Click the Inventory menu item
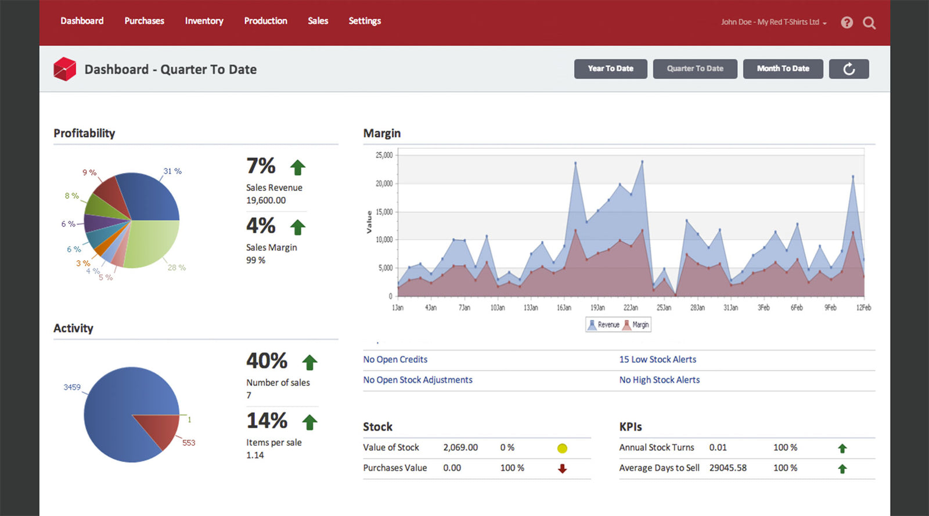(204, 21)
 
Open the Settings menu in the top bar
(365, 21)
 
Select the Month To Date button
(783, 68)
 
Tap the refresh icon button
(848, 69)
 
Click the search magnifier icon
(869, 23)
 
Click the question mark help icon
(847, 23)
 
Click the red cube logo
(64, 69)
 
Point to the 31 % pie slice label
(172, 171)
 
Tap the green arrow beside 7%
(298, 167)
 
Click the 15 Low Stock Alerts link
(657, 359)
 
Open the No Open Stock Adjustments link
(417, 380)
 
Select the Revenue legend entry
(604, 324)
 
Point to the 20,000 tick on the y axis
(384, 183)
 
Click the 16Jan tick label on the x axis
(564, 308)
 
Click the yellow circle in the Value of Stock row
(562, 448)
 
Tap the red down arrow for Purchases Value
(562, 468)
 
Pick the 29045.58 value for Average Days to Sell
(728, 468)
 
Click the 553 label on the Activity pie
(189, 443)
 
